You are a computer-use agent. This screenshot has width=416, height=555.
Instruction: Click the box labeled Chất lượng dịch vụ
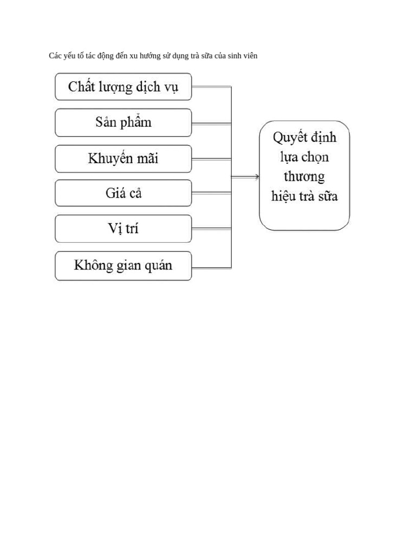point(123,87)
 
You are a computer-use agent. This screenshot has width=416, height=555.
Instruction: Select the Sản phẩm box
point(123,122)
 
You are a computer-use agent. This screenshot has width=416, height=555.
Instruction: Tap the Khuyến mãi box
point(123,159)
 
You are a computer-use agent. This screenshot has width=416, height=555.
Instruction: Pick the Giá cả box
point(123,193)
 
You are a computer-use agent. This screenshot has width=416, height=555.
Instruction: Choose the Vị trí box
point(123,229)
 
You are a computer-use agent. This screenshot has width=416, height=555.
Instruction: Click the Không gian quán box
point(123,266)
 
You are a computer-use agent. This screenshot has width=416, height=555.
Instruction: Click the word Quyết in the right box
point(289,138)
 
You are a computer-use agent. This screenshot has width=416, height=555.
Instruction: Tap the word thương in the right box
point(304,177)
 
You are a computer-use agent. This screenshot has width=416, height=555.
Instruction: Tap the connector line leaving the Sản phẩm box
point(211,124)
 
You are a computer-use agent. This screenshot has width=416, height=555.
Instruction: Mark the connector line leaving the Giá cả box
point(211,193)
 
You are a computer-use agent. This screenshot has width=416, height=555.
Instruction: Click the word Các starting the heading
point(55,56)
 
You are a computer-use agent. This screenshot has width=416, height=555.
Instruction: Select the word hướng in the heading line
point(153,56)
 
